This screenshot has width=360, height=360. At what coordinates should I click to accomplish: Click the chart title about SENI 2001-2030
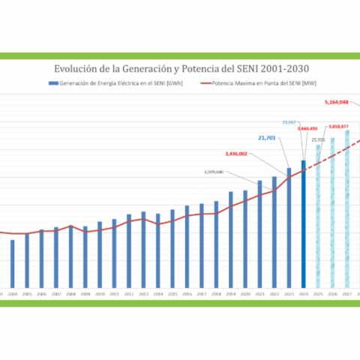(180, 67)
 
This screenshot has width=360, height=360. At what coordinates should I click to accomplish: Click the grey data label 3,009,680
(214, 172)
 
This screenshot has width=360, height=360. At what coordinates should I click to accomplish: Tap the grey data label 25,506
(318, 139)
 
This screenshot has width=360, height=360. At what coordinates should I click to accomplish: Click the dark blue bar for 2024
(303, 225)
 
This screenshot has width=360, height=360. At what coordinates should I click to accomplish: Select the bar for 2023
(289, 229)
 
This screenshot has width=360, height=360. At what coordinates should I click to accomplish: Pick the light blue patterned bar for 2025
(318, 217)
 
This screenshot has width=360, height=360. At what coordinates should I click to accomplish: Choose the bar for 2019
(230, 240)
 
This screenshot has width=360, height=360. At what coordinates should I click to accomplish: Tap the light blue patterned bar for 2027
(346, 210)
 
